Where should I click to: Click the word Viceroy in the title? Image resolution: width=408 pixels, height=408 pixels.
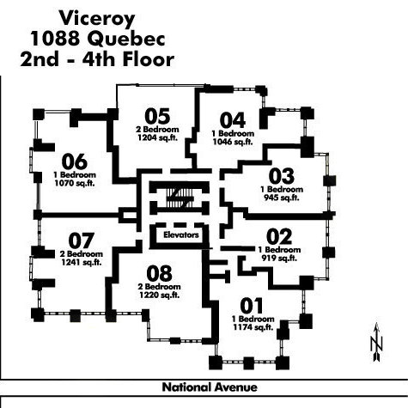tap(97, 18)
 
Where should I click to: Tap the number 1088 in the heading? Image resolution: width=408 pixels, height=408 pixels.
tap(55, 39)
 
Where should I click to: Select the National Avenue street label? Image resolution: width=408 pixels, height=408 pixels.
tap(210, 387)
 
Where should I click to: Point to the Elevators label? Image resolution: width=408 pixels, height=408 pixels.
tap(181, 235)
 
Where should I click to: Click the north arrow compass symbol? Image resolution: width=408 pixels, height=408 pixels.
tap(377, 342)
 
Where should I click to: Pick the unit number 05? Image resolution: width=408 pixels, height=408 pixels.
tap(157, 116)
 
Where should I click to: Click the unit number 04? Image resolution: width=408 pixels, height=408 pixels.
tap(233, 120)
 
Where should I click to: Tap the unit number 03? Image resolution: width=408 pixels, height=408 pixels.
tap(282, 176)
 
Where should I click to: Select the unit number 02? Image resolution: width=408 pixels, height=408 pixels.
tap(279, 237)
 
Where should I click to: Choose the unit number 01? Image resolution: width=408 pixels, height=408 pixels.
tap(252, 306)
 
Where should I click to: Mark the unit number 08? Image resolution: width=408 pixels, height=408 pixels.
tap(160, 273)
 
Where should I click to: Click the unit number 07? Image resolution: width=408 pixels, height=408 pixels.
tap(82, 241)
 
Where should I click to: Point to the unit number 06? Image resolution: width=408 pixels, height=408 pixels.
tap(75, 161)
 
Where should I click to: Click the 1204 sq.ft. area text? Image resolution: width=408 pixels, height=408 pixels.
tap(158, 138)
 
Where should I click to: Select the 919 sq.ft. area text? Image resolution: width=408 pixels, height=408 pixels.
tap(279, 259)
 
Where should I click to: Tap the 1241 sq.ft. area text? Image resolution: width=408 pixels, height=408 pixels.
tap(82, 262)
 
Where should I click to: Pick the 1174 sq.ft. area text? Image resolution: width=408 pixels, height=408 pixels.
tap(253, 327)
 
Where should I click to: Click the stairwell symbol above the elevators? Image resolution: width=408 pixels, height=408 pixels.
tap(180, 198)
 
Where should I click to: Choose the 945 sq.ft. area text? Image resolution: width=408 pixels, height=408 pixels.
tap(282, 198)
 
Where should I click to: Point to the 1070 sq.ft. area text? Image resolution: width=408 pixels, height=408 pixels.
tap(75, 183)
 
